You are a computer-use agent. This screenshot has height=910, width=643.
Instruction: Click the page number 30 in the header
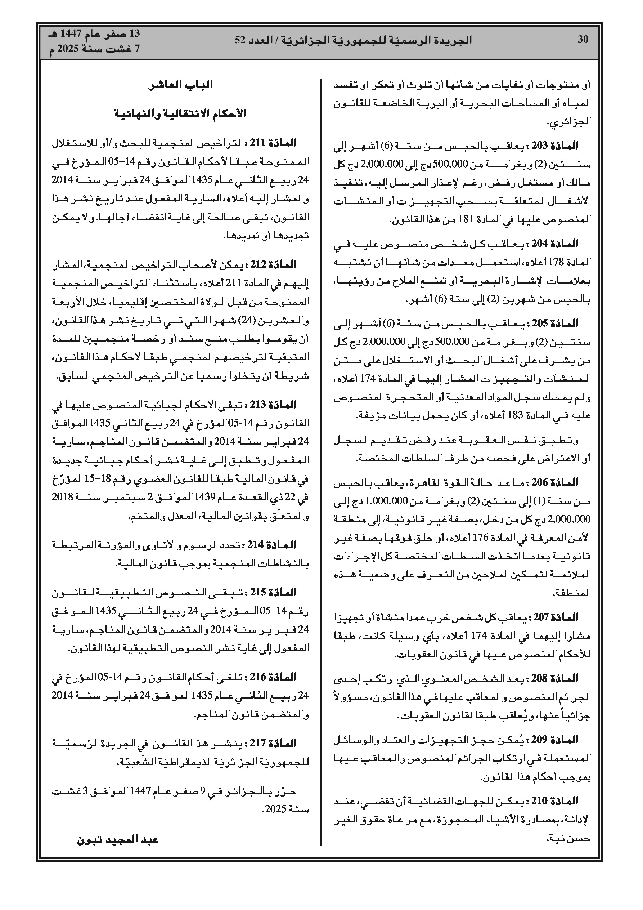[583, 39]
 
